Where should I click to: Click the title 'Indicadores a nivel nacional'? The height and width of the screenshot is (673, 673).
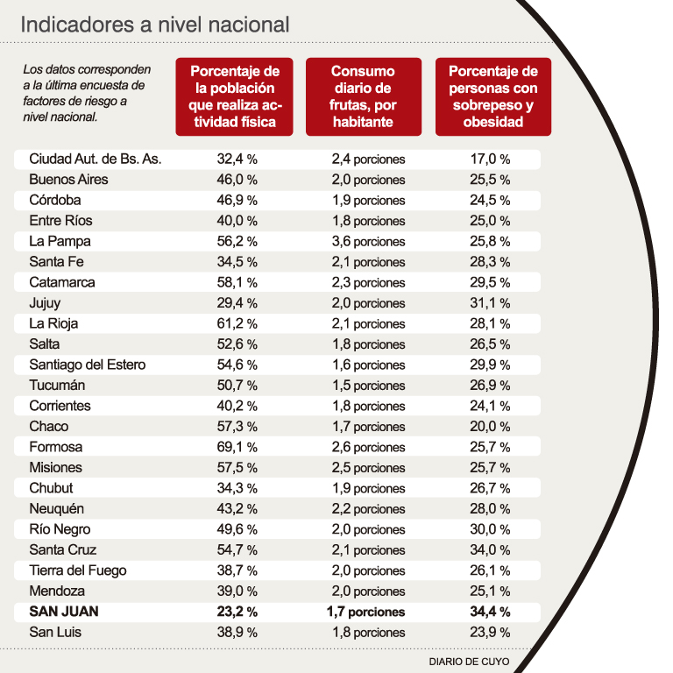[154, 25]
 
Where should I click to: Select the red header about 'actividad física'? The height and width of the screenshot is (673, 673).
[234, 96]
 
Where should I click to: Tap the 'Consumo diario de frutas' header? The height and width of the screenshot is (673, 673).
[363, 96]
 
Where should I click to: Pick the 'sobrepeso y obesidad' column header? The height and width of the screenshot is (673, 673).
[492, 96]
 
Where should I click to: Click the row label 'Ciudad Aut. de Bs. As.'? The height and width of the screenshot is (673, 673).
[96, 159]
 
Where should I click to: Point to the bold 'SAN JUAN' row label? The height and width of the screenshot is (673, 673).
[64, 612]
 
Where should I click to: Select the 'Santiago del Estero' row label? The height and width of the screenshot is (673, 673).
[88, 365]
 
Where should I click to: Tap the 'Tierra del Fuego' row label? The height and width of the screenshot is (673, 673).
[78, 570]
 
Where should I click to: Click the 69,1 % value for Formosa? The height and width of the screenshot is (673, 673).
[237, 447]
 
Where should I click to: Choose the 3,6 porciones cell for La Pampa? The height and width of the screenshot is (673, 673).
[368, 242]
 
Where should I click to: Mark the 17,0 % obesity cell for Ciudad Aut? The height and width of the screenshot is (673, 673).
[491, 159]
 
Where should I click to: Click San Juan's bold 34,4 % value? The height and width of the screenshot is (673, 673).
[491, 612]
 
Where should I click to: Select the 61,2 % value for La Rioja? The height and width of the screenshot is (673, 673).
[237, 323]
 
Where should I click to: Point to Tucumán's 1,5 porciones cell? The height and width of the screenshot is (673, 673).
[368, 386]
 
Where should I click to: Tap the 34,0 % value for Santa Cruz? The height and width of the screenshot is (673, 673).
[491, 550]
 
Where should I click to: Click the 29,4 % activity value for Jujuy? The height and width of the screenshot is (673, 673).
[237, 303]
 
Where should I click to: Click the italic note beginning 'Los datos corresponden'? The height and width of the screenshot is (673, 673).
[88, 91]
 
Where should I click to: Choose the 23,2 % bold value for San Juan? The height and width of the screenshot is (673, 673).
[237, 612]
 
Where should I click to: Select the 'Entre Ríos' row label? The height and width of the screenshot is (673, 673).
[60, 221]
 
